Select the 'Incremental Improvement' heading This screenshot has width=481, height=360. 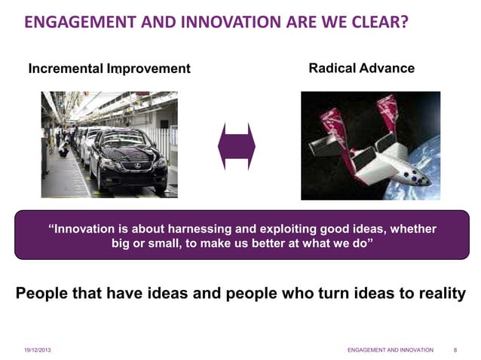point(109,69)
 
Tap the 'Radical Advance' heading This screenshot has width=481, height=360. point(362,69)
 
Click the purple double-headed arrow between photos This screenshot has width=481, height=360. point(237,146)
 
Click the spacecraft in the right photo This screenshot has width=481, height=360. point(369,147)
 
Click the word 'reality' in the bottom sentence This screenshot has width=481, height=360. point(440,293)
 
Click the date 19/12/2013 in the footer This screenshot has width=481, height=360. point(38,350)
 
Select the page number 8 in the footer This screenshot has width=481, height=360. point(455,350)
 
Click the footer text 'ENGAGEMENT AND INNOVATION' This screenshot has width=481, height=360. point(390,350)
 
